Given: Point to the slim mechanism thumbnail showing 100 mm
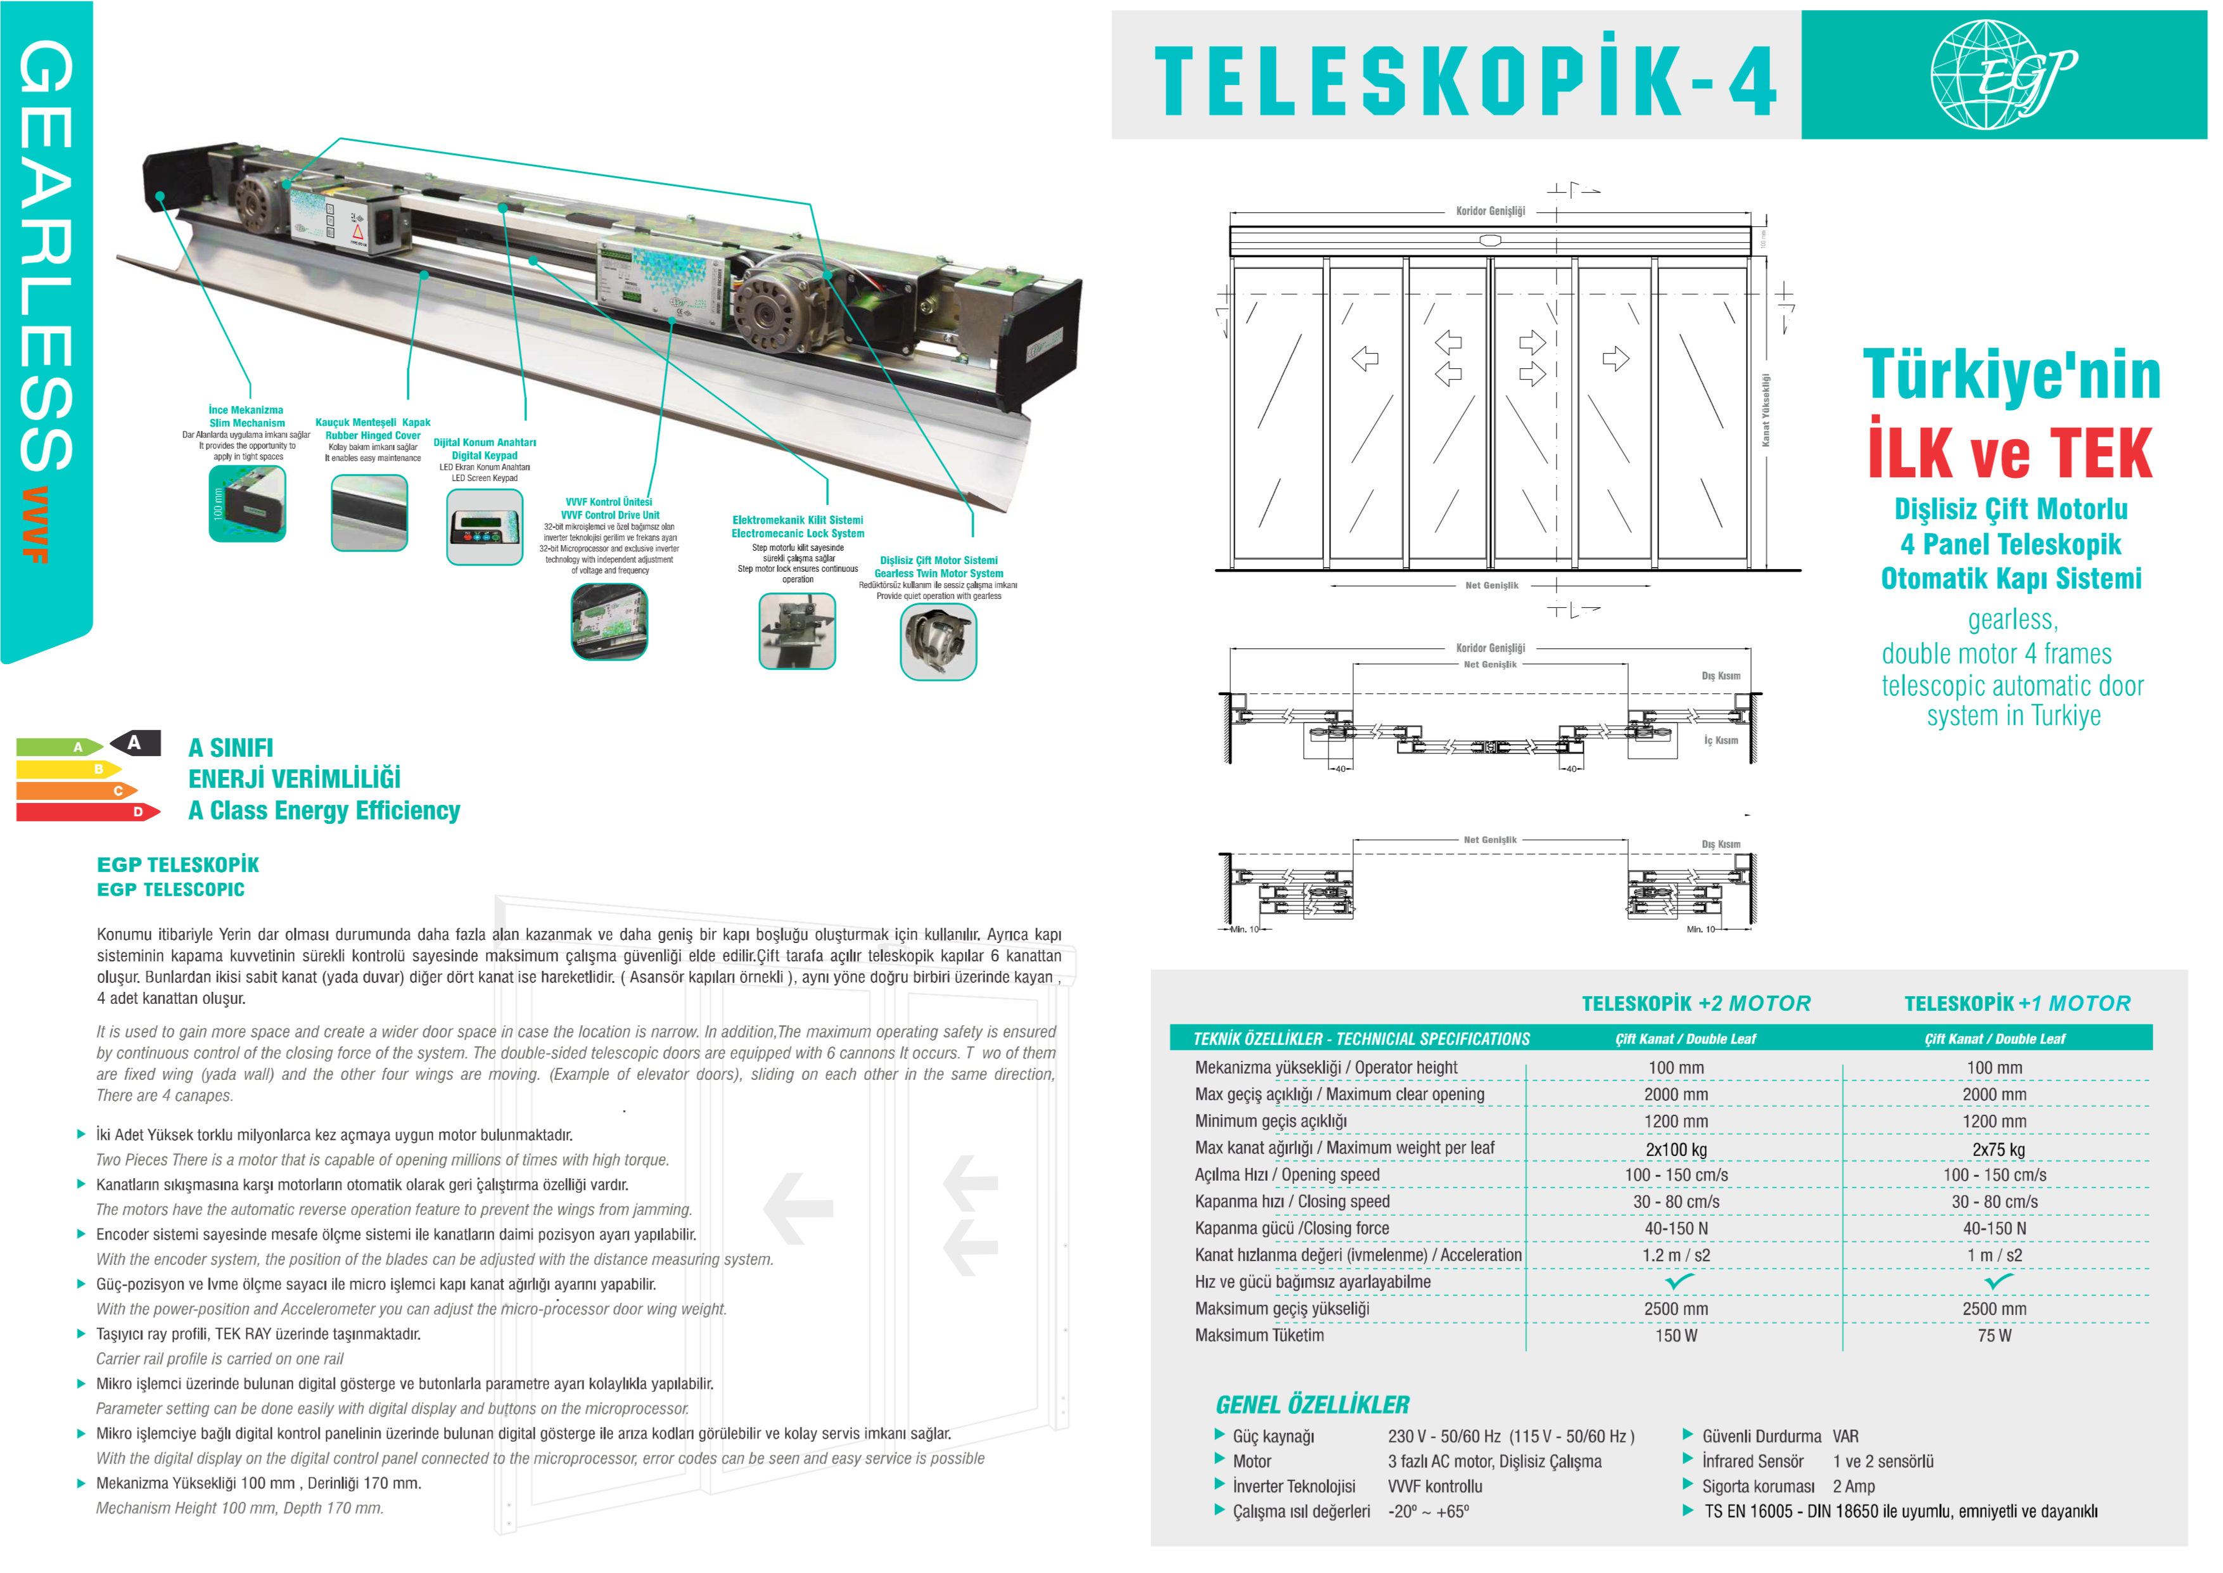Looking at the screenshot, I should coord(247,504).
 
